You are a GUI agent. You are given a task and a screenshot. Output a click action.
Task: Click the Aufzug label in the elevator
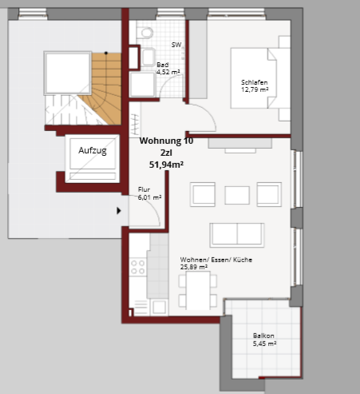[x=93, y=150]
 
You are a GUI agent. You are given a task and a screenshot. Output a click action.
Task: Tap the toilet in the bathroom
[x=145, y=32]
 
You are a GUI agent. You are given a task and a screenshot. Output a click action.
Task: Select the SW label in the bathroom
[x=176, y=45]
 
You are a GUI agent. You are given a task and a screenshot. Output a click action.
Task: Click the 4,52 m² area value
[x=168, y=72]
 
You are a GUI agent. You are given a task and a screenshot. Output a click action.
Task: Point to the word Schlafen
[x=254, y=82]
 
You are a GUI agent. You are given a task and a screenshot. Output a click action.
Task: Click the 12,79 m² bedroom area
[x=255, y=90]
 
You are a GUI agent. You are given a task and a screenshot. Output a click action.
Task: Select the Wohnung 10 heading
[x=166, y=141]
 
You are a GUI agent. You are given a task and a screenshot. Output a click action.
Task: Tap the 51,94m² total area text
[x=166, y=165]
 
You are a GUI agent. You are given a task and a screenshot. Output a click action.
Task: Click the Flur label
[x=144, y=189]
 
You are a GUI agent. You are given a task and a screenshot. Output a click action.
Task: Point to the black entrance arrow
[x=119, y=211]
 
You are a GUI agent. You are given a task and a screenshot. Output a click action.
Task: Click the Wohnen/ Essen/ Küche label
[x=216, y=260]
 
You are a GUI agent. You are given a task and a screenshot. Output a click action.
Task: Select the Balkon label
[x=263, y=336]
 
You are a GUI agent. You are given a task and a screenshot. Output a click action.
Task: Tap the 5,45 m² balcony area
[x=264, y=344]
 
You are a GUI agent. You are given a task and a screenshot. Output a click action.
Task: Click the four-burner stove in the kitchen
[x=138, y=267]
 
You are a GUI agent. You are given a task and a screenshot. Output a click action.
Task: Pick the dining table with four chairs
[x=198, y=290]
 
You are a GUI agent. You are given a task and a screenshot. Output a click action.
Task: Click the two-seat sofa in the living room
[x=237, y=235]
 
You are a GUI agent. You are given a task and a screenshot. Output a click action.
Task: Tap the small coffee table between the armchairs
[x=237, y=195]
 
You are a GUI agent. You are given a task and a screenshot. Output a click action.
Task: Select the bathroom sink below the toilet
[x=148, y=57]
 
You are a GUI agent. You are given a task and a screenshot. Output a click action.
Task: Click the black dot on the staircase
[x=106, y=53]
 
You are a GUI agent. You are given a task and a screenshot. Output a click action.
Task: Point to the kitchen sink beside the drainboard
[x=159, y=308]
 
